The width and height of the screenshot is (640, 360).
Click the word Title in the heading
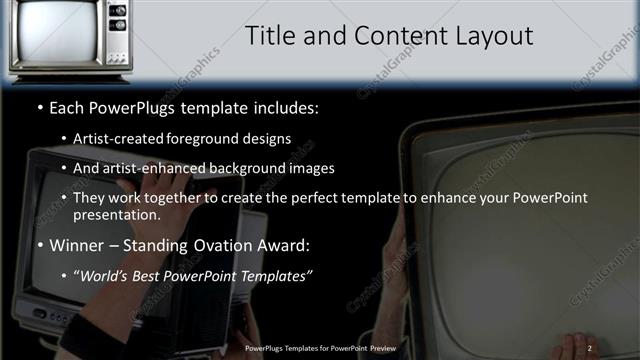click(270, 36)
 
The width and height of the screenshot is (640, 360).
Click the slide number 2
click(590, 348)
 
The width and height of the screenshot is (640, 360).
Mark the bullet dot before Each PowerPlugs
click(39, 107)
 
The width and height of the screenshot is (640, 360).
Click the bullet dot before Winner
click(39, 244)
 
